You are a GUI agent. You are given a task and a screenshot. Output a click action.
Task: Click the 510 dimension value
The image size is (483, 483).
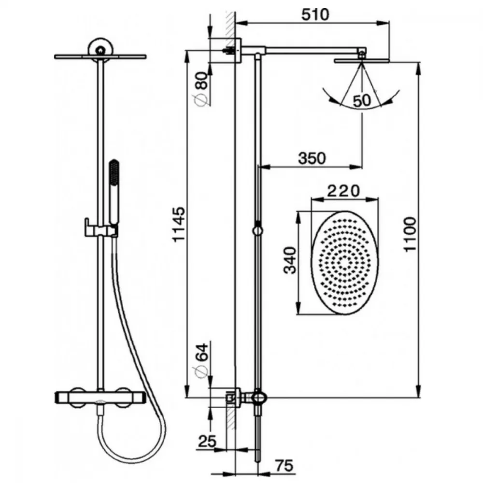(315, 14)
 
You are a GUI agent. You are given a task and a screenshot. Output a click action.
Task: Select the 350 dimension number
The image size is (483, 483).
(312, 158)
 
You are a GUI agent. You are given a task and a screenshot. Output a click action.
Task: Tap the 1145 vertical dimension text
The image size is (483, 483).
(179, 225)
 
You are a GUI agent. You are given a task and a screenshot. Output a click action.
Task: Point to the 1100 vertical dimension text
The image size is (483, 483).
(410, 234)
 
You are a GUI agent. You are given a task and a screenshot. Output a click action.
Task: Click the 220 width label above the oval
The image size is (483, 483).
(343, 191)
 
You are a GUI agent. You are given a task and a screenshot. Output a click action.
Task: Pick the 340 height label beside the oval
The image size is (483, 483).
(290, 260)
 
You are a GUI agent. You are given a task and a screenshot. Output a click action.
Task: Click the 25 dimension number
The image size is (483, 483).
(207, 441)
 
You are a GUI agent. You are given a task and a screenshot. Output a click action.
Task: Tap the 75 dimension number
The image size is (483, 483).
(284, 466)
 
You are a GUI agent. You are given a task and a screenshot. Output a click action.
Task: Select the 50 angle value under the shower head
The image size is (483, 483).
(362, 101)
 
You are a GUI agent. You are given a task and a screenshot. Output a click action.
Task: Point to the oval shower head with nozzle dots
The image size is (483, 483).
(344, 262)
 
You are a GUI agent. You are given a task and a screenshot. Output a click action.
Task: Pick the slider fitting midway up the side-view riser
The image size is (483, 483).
(257, 230)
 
